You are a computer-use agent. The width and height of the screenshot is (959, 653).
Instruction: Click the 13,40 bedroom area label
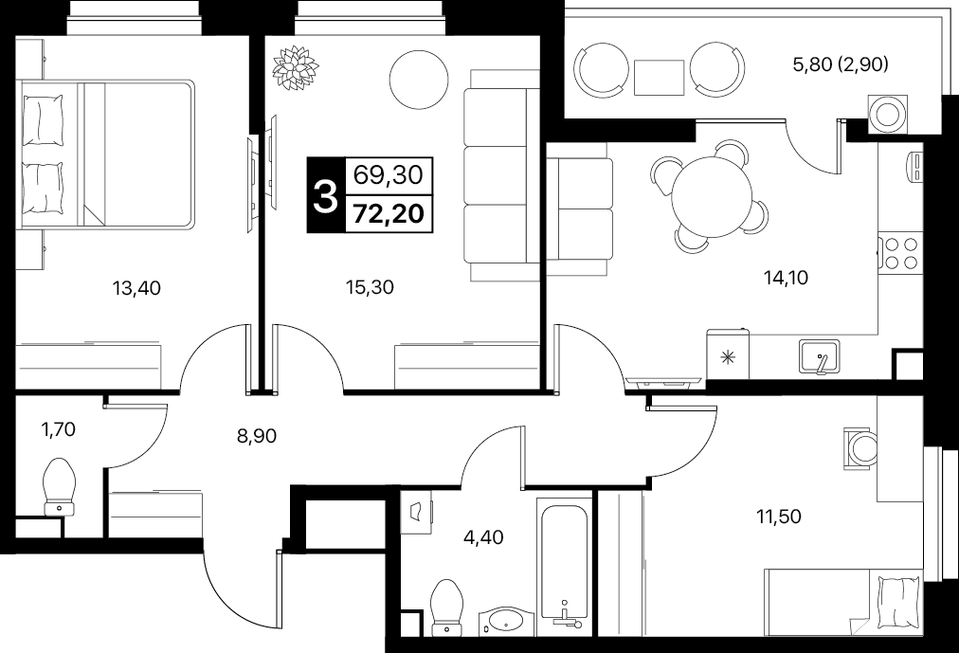pyautogui.click(x=136, y=287)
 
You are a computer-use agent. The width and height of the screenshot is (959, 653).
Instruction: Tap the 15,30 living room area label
pyautogui.click(x=370, y=287)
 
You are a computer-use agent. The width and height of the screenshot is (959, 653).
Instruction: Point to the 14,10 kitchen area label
pyautogui.click(x=786, y=279)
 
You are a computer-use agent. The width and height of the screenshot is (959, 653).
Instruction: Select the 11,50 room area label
pyautogui.click(x=779, y=517)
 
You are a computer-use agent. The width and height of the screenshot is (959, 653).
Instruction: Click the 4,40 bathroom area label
pyautogui.click(x=484, y=537)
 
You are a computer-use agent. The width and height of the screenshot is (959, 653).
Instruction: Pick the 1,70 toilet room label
pyautogui.click(x=58, y=430)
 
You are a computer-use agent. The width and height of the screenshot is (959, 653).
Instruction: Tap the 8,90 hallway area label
pyautogui.click(x=257, y=436)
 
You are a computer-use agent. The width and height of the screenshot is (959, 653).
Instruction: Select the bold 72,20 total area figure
pyautogui.click(x=389, y=214)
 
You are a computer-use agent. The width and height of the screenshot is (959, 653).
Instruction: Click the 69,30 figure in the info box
pyautogui.click(x=389, y=175)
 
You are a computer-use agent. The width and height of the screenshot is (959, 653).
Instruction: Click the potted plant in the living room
pyautogui.click(x=296, y=66)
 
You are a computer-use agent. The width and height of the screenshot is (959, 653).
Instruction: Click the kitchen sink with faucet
pyautogui.click(x=819, y=357)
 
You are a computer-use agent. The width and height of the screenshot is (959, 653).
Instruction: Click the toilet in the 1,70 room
pyautogui.click(x=60, y=487)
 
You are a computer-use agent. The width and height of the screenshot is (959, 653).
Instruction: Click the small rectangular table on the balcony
pyautogui.click(x=659, y=78)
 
